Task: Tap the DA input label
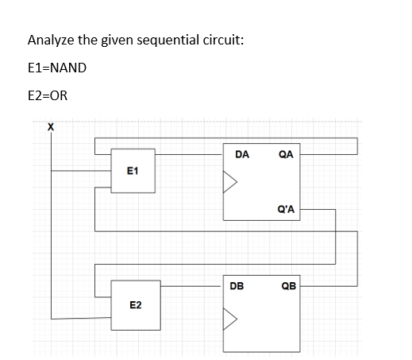pos(243,155)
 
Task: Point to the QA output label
pos(287,155)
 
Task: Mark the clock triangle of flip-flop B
pos(230,320)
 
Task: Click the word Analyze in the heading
pos(52,39)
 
